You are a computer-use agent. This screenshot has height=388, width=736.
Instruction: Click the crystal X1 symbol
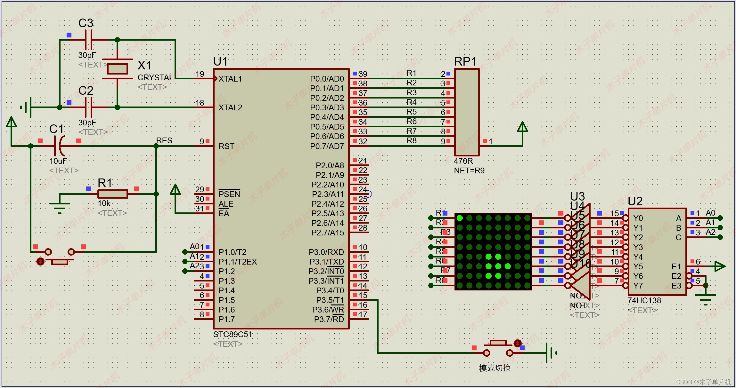pyautogui.click(x=117, y=69)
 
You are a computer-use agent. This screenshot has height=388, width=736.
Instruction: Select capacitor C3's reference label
pyautogui.click(x=86, y=23)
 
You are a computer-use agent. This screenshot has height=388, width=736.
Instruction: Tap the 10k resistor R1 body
pyautogui.click(x=112, y=194)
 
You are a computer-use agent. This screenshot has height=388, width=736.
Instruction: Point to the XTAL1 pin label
pyautogui.click(x=230, y=79)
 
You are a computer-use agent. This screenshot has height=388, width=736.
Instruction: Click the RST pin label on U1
pyautogui.click(x=226, y=146)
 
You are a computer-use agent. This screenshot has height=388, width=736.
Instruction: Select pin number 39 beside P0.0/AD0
pyautogui.click(x=363, y=74)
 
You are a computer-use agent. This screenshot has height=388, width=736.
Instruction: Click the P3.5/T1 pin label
pyautogui.click(x=330, y=300)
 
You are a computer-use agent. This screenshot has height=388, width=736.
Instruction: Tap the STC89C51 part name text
pyautogui.click(x=233, y=334)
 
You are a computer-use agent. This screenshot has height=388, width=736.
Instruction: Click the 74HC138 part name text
pyautogui.click(x=644, y=300)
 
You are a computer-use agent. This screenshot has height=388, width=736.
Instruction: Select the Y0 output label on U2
pyautogui.click(x=638, y=218)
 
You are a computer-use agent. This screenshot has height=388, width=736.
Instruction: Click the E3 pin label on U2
pyautogui.click(x=676, y=286)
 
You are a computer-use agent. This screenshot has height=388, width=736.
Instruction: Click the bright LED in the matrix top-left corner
pyautogui.click(x=460, y=218)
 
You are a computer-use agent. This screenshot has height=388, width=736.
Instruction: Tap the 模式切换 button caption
pyautogui.click(x=495, y=368)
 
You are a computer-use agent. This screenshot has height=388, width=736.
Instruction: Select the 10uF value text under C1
pyautogui.click(x=58, y=161)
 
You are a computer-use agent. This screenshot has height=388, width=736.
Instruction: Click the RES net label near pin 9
pyautogui.click(x=164, y=140)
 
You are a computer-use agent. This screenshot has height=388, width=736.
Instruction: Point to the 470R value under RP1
pyautogui.click(x=463, y=161)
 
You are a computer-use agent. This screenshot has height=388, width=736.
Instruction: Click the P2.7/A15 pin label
pyautogui.click(x=327, y=233)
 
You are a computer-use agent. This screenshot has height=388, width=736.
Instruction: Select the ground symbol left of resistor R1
pyautogui.click(x=60, y=206)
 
